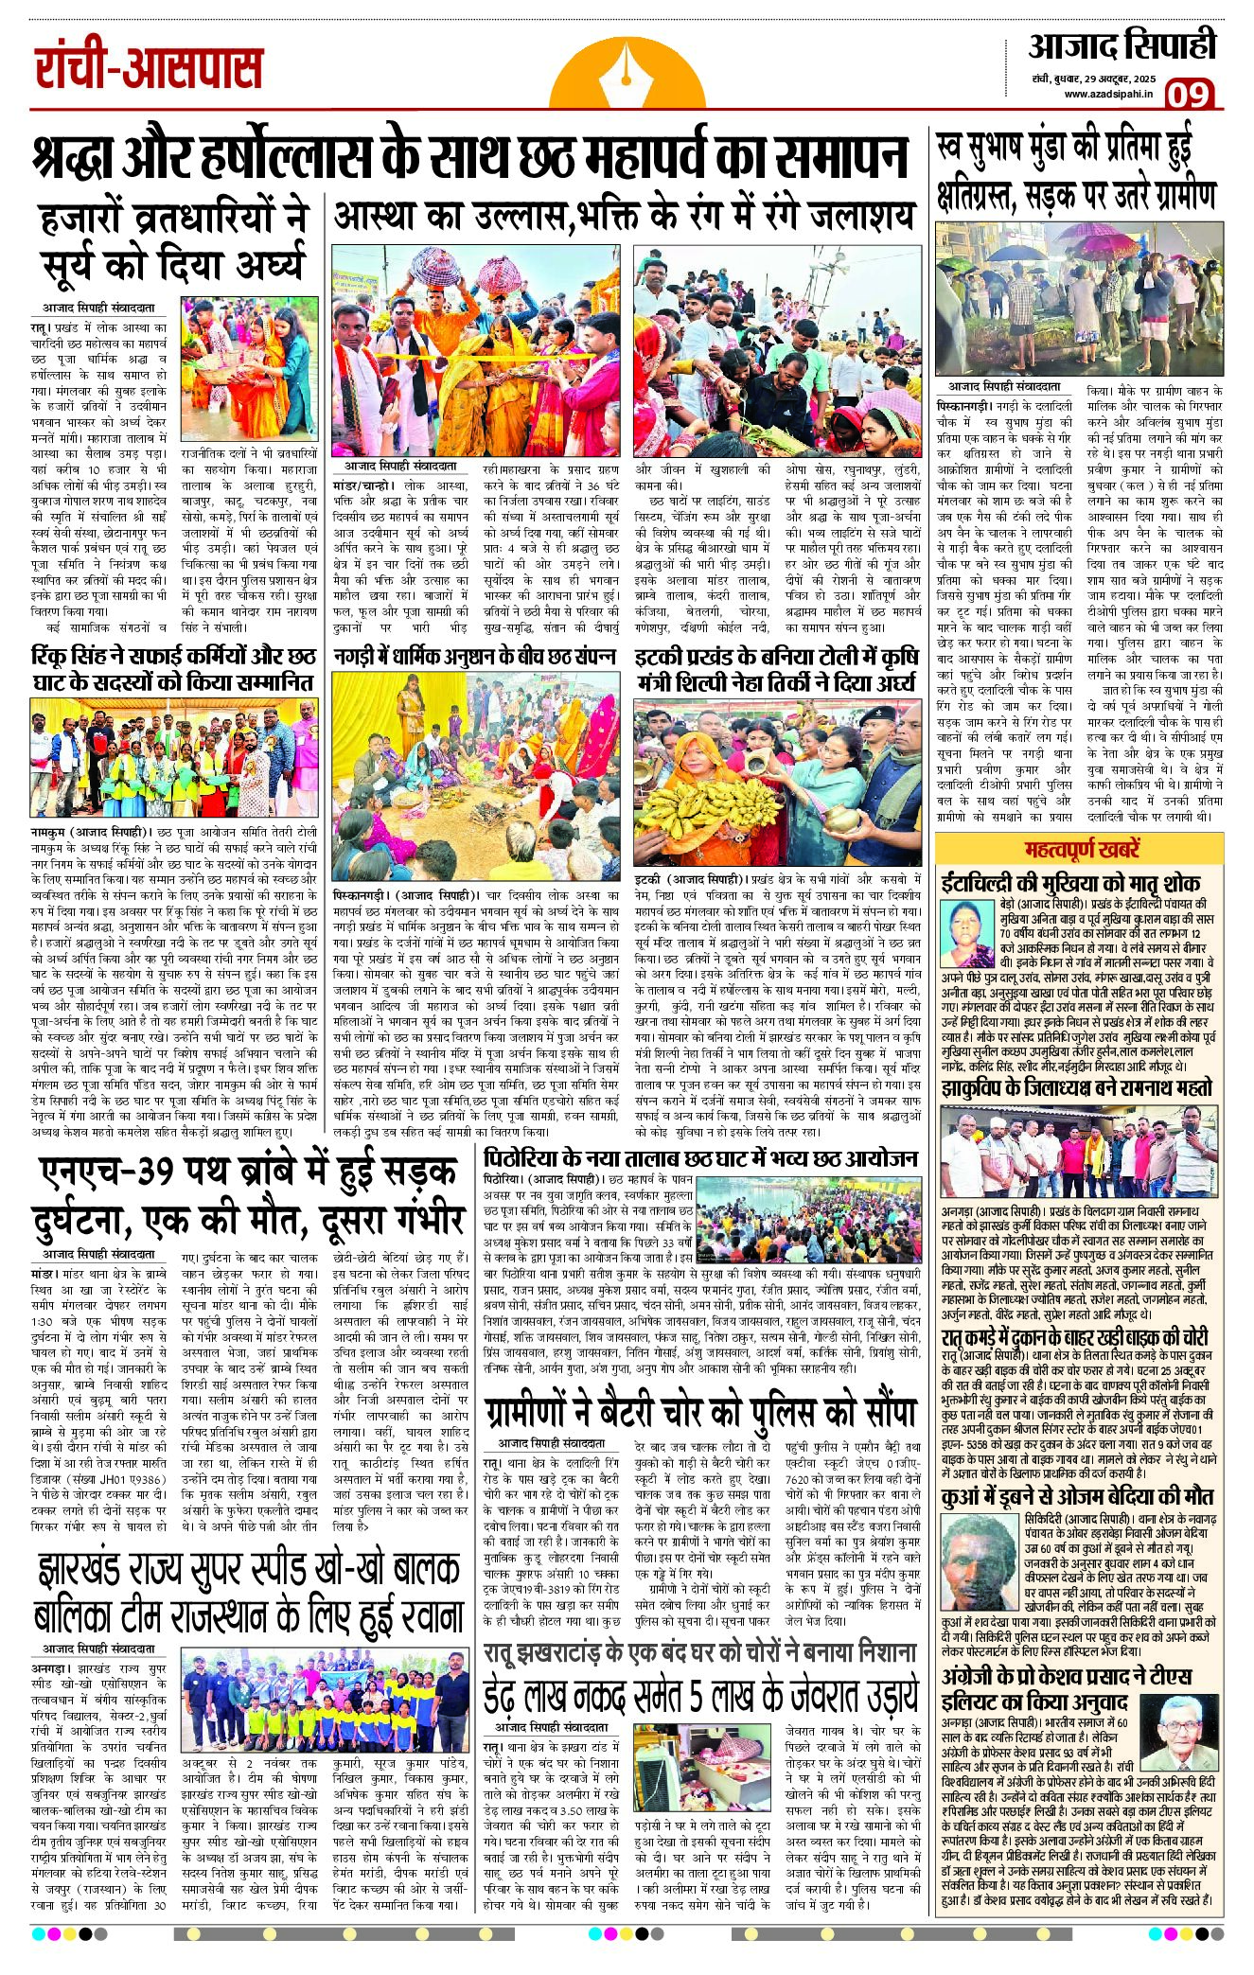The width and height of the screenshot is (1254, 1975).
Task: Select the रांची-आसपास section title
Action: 149,69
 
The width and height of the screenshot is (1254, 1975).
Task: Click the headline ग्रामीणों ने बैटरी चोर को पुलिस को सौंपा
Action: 699,1414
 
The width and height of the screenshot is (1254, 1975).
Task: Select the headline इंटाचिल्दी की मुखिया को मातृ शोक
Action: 1069,883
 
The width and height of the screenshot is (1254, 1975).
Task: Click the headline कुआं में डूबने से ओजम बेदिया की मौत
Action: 1076,1496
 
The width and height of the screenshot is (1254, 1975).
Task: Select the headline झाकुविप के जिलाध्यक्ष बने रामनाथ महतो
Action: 1076,1088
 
